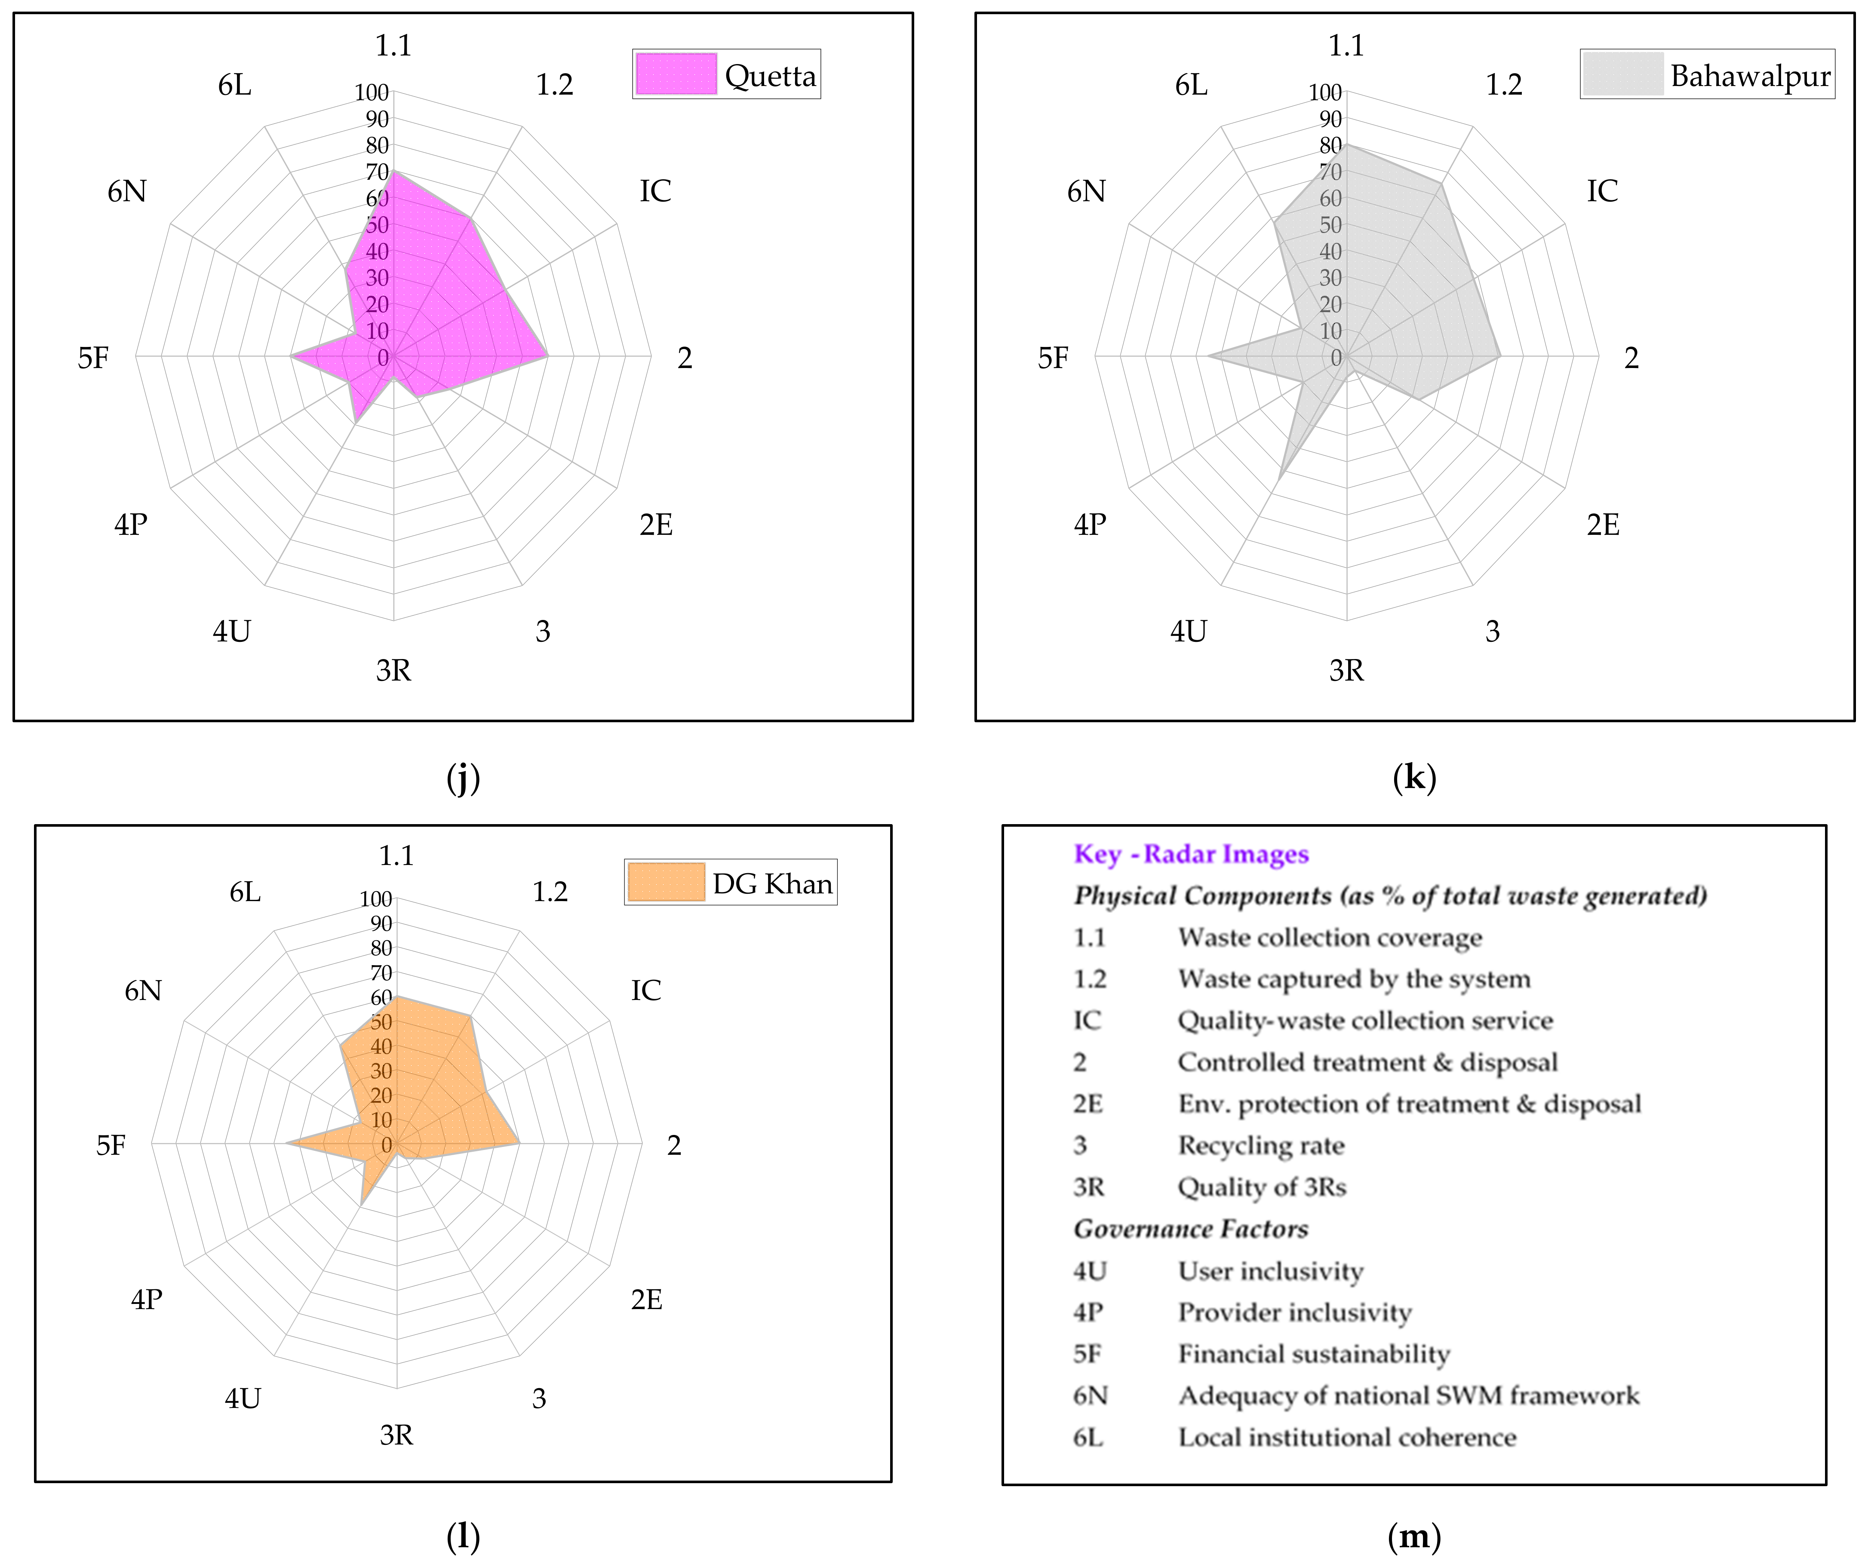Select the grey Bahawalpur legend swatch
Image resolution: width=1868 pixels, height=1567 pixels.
click(x=1622, y=74)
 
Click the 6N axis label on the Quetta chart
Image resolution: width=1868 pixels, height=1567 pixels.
click(x=127, y=191)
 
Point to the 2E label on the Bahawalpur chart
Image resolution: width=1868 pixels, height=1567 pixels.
click(x=1603, y=525)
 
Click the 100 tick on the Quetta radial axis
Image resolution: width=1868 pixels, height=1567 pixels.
click(x=372, y=92)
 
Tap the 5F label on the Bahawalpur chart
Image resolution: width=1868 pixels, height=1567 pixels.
click(x=1053, y=358)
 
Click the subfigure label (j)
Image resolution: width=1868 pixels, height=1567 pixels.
click(x=463, y=778)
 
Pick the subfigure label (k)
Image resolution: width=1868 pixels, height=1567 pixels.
click(x=1414, y=778)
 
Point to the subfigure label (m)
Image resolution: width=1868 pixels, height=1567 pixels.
click(x=1414, y=1536)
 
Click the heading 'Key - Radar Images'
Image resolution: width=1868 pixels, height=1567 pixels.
click(x=1191, y=854)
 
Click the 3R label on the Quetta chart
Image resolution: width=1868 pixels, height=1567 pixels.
click(x=393, y=671)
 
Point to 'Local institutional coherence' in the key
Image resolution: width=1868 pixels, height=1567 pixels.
click(x=1347, y=1437)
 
